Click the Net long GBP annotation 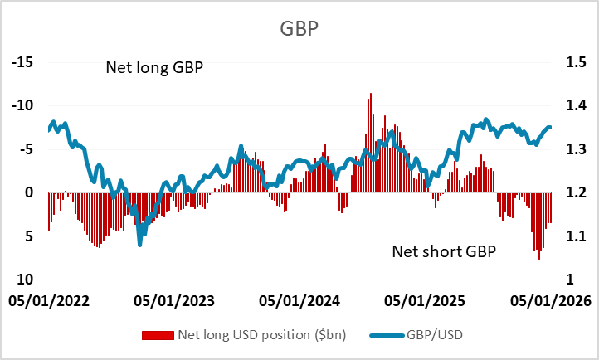(155, 67)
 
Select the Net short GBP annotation (443, 250)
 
